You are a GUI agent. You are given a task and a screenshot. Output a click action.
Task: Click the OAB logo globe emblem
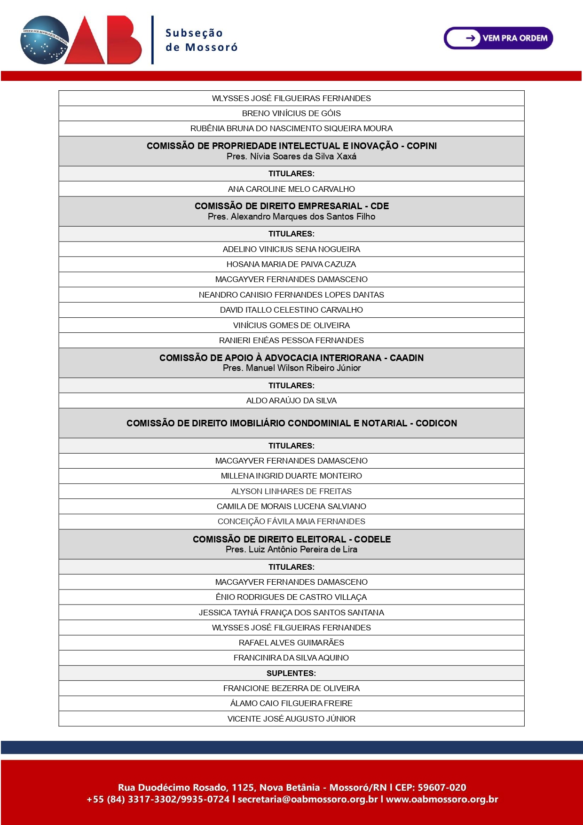click(45, 40)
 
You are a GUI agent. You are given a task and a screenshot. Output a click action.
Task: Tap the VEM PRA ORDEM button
click(498, 38)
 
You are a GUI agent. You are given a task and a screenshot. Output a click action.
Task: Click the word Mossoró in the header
click(211, 47)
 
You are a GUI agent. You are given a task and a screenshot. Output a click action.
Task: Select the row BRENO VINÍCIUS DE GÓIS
click(291, 113)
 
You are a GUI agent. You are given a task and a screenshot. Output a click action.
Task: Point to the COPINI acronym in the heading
click(421, 146)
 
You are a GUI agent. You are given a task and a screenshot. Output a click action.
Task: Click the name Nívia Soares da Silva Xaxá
click(303, 157)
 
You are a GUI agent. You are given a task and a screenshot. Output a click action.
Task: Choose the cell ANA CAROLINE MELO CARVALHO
click(291, 189)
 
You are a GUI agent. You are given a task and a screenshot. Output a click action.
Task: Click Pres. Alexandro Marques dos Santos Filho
click(291, 217)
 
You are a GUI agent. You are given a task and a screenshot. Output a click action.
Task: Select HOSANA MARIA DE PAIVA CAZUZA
click(291, 264)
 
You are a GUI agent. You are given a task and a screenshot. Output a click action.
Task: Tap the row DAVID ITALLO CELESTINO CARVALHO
click(291, 310)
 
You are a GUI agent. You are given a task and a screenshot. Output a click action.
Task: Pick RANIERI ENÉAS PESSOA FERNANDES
click(291, 340)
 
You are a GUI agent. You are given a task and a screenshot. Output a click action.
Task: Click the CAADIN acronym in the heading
click(406, 358)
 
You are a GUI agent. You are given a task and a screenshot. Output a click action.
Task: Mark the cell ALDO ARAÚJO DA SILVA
click(291, 401)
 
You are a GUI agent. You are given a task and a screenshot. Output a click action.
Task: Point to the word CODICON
click(436, 423)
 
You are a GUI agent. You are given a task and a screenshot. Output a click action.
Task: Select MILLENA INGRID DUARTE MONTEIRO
click(291, 476)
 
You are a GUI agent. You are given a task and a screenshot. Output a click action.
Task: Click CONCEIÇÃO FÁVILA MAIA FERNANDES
click(291, 521)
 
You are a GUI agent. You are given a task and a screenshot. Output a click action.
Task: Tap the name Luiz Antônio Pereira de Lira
click(303, 550)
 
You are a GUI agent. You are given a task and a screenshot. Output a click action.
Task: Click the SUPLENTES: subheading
click(291, 673)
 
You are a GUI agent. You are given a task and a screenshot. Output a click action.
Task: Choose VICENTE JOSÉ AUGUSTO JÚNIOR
click(291, 719)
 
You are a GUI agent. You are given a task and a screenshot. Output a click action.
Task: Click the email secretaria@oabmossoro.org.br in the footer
click(307, 800)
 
